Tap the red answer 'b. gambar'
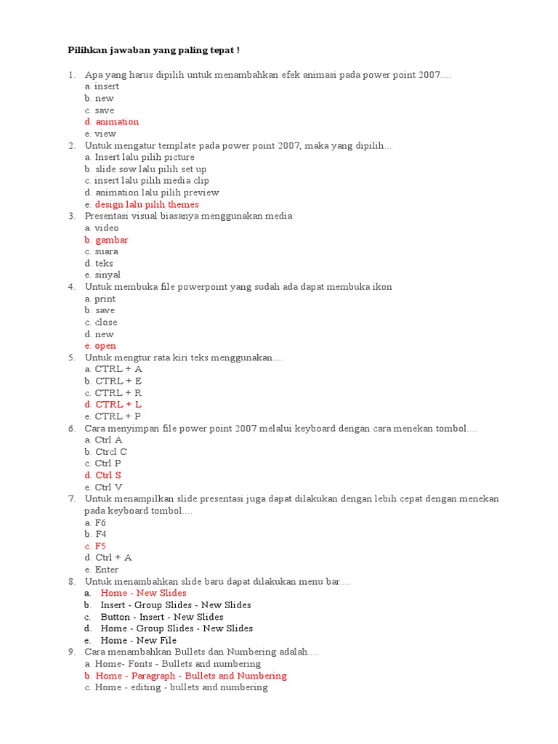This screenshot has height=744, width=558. tap(106, 240)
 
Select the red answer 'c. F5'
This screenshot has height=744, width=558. tap(95, 546)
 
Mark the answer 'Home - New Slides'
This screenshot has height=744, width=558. tap(143, 593)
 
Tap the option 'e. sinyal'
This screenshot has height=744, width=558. tap(102, 275)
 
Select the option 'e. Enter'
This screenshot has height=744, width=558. tap(102, 570)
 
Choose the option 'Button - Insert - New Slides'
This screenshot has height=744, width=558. tap(161, 617)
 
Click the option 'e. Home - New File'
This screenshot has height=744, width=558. tap(138, 640)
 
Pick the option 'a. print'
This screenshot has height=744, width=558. tap(100, 299)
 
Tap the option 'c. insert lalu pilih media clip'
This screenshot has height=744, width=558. tap(147, 181)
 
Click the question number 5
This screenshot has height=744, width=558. tap(72, 357)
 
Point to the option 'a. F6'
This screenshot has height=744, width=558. tap(95, 522)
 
